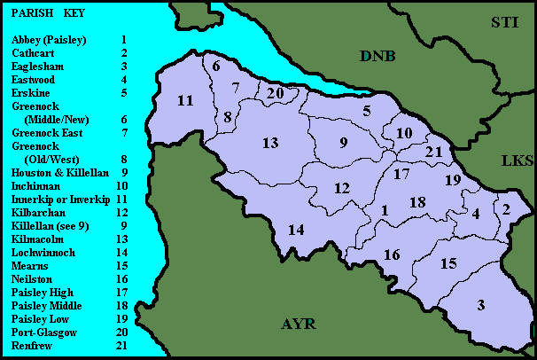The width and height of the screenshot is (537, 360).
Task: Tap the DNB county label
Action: (x=377, y=57)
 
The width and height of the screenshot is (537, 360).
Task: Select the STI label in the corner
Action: (x=510, y=22)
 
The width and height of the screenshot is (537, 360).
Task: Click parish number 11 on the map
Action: (x=184, y=100)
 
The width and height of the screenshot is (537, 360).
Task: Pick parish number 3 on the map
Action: (x=481, y=306)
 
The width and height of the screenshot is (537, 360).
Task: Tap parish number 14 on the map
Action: (x=296, y=230)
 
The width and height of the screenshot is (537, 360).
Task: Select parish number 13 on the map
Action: (x=270, y=143)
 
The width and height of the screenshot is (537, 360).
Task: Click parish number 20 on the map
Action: (x=276, y=92)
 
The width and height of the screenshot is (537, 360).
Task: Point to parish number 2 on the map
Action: (x=506, y=209)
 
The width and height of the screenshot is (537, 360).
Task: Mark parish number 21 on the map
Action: (x=433, y=152)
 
